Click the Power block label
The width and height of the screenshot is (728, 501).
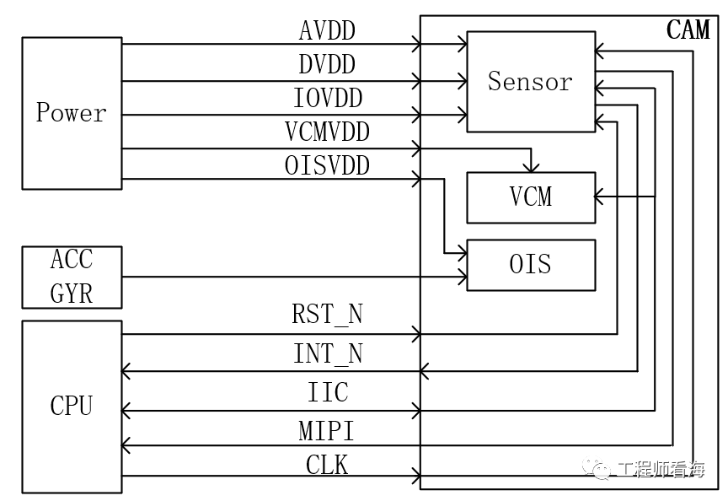[x=71, y=112]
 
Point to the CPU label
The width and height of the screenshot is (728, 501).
[x=71, y=405]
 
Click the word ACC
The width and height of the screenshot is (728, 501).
[x=72, y=259]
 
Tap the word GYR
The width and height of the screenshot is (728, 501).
[x=72, y=294]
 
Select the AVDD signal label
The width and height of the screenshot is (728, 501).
[x=327, y=30]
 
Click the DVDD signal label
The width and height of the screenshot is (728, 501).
[x=327, y=64]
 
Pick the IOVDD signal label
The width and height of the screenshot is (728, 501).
[x=328, y=98]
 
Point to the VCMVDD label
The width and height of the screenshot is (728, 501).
[x=327, y=132]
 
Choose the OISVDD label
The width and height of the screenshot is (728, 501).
[x=327, y=165]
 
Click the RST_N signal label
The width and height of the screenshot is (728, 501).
[x=327, y=314]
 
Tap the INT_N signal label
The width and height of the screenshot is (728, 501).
[x=328, y=353]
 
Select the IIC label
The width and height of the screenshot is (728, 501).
[x=328, y=392]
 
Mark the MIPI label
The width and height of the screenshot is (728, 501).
[x=326, y=431]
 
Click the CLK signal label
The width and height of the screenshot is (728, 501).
[x=327, y=465]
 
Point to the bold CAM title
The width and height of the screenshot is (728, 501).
[x=688, y=30]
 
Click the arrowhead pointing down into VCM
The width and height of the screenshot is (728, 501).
[x=531, y=167]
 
